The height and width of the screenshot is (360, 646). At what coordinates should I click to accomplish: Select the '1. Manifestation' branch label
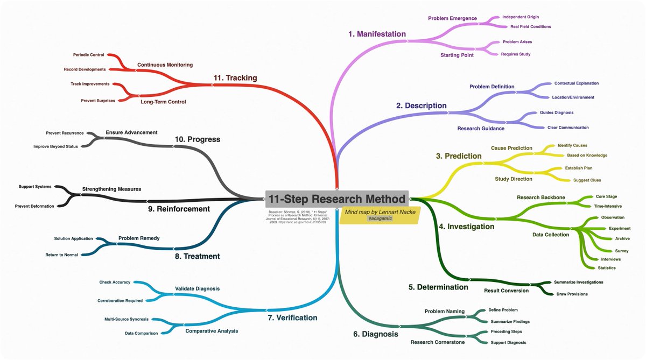pos(377,34)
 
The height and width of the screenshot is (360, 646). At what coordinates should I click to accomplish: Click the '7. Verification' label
pos(292,317)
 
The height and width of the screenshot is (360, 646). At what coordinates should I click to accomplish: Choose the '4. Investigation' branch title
pos(466,227)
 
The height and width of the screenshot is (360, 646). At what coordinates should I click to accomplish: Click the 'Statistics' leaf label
pos(607,267)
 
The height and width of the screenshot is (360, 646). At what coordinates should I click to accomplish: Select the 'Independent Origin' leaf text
pos(521,17)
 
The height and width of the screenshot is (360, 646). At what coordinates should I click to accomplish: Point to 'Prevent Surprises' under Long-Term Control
pos(98,101)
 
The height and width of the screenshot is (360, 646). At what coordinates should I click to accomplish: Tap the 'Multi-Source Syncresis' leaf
pos(127,319)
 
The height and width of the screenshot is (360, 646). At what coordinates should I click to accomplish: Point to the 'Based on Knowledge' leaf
pos(587,156)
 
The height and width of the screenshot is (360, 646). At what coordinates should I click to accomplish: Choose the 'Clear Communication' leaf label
pos(568,128)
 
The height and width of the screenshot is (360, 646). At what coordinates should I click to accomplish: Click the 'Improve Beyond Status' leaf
pos(55,146)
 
